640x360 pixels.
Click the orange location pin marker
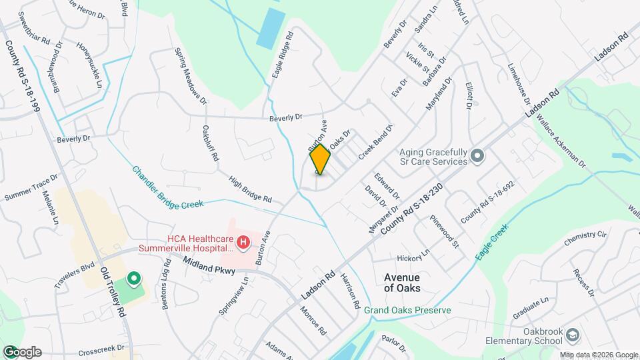pos(320,159)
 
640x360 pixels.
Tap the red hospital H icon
pos(243,241)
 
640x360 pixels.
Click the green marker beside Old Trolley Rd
pos(133,279)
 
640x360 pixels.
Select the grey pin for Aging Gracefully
pos(477,156)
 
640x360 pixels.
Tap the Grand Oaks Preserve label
pos(407,311)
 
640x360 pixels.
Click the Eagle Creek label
pos(493,242)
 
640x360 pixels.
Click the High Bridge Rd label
pos(250,189)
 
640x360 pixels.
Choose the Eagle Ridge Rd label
pos(283,56)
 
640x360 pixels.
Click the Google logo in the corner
pos(21,352)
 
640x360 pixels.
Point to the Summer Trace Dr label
pos(31,188)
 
